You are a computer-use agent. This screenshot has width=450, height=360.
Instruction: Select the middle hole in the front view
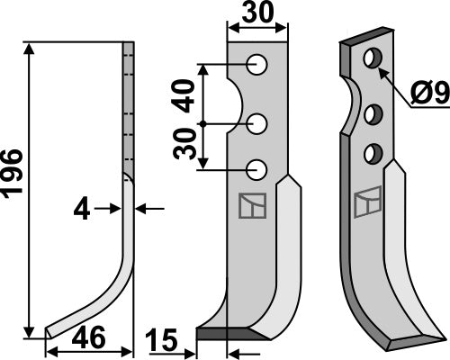258,121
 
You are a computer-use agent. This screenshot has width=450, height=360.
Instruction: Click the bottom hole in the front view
258,167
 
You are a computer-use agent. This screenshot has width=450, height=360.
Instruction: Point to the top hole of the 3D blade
370,60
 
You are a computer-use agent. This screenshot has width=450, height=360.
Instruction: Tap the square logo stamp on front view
250,208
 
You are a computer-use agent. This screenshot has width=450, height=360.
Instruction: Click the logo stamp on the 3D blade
367,203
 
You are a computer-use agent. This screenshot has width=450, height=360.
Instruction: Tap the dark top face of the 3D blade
364,40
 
